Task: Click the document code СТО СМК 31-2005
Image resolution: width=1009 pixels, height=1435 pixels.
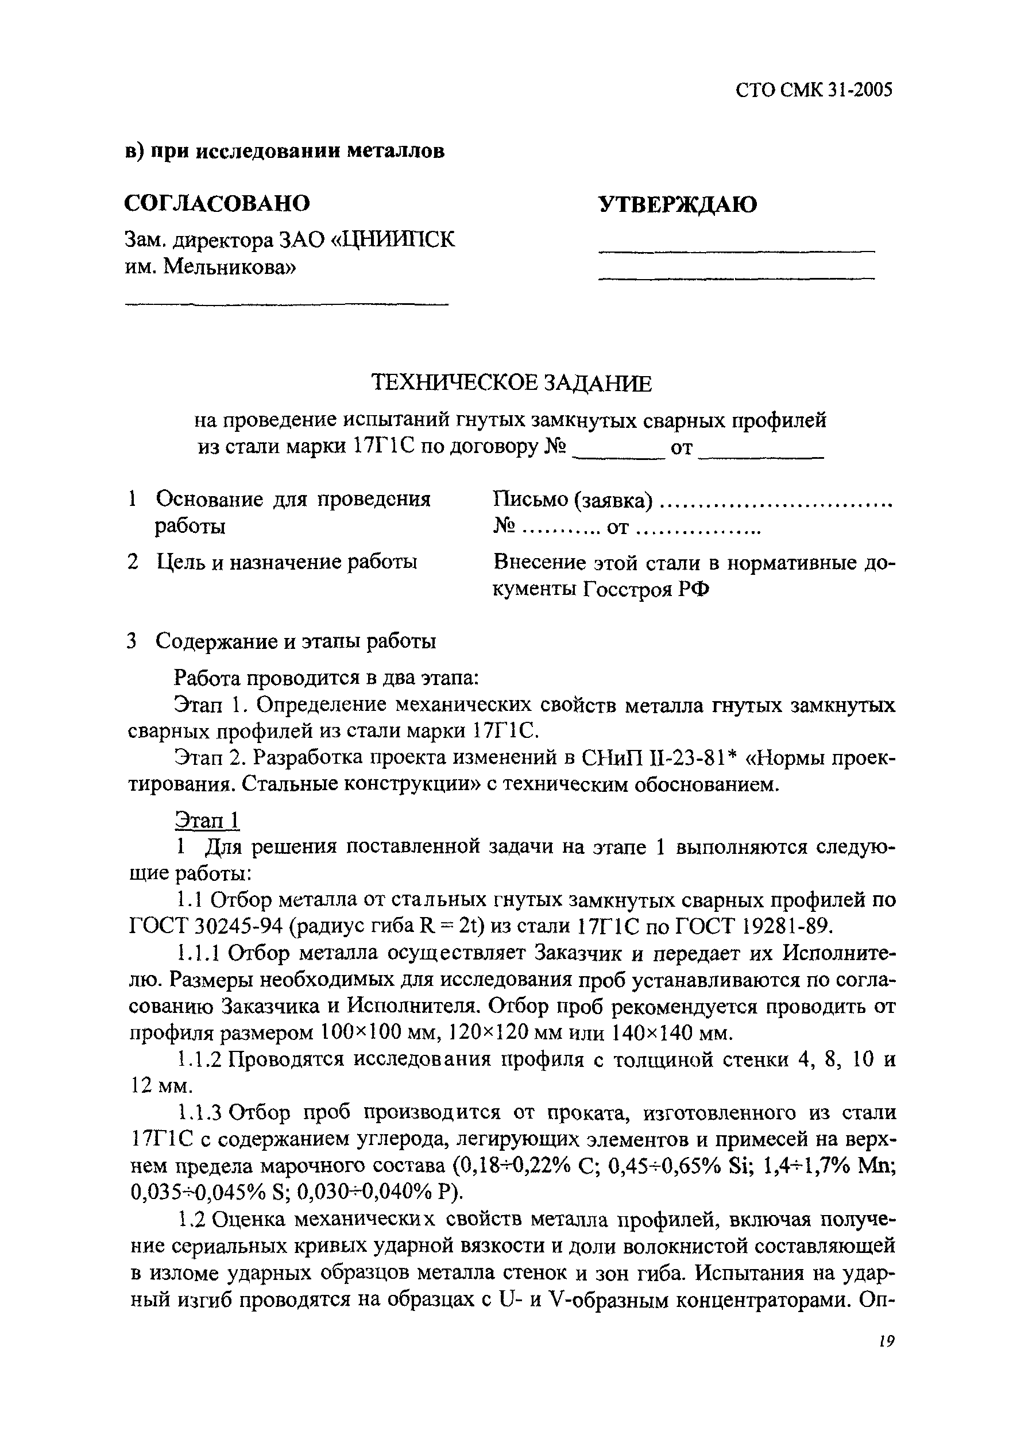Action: [813, 91]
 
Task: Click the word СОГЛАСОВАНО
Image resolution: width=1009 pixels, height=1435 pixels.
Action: [217, 203]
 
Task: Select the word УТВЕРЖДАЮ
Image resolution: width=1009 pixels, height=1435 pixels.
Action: [678, 204]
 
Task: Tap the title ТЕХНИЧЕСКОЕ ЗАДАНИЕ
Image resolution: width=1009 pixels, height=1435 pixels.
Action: [511, 382]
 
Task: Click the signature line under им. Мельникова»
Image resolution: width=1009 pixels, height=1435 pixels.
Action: [287, 304]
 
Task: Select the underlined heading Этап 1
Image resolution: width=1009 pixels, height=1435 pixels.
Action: [207, 820]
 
